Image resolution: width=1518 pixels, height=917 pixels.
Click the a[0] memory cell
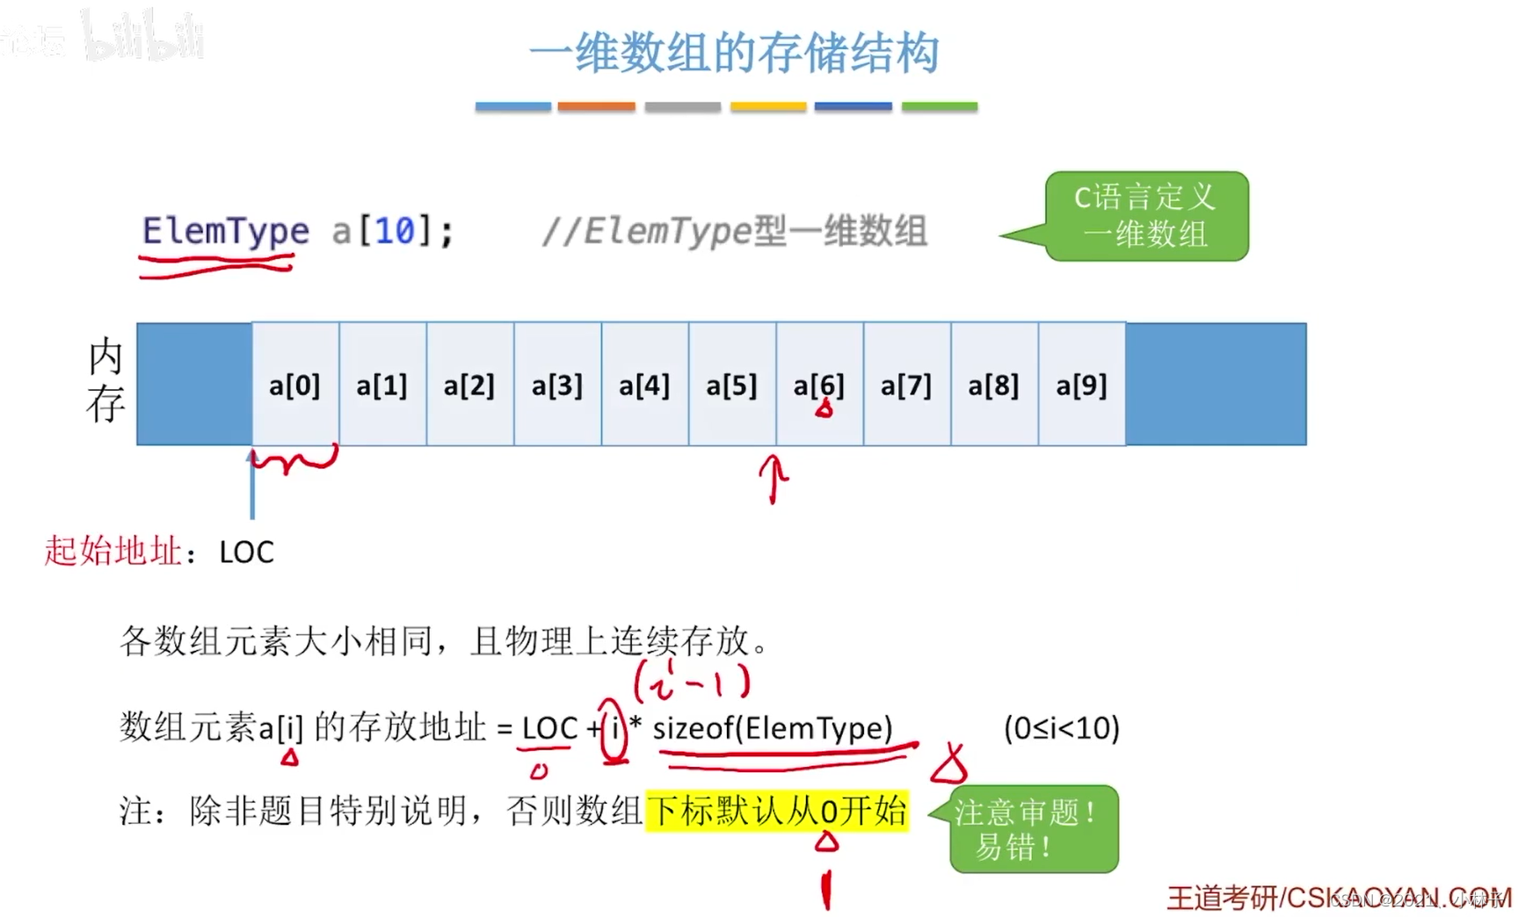(x=295, y=385)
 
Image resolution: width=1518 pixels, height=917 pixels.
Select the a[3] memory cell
(x=557, y=385)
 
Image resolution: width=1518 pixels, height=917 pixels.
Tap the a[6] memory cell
(x=819, y=385)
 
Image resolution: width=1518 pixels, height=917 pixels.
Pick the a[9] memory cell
(x=1081, y=385)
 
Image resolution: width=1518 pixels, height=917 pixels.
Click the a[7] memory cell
(x=906, y=385)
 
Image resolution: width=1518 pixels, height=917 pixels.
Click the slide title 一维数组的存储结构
(x=734, y=53)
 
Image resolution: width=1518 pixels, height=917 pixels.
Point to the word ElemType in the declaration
(x=225, y=232)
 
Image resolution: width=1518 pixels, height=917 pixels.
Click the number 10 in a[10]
(x=394, y=232)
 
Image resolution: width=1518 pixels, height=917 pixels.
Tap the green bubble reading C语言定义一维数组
(x=1146, y=216)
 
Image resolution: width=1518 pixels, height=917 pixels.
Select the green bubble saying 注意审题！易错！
(x=1034, y=829)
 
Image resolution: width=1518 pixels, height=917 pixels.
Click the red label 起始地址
(x=113, y=552)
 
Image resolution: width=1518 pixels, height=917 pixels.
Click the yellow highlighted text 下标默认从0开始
(x=777, y=811)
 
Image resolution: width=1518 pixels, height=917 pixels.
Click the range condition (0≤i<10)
(x=1061, y=728)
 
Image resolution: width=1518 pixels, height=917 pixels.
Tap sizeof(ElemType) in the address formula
(x=772, y=728)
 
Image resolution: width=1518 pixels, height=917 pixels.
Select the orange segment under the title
(x=596, y=106)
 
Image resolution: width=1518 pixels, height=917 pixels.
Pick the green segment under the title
(x=939, y=106)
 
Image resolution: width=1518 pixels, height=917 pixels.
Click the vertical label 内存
(x=105, y=380)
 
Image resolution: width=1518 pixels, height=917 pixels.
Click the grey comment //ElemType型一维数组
(x=734, y=232)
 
